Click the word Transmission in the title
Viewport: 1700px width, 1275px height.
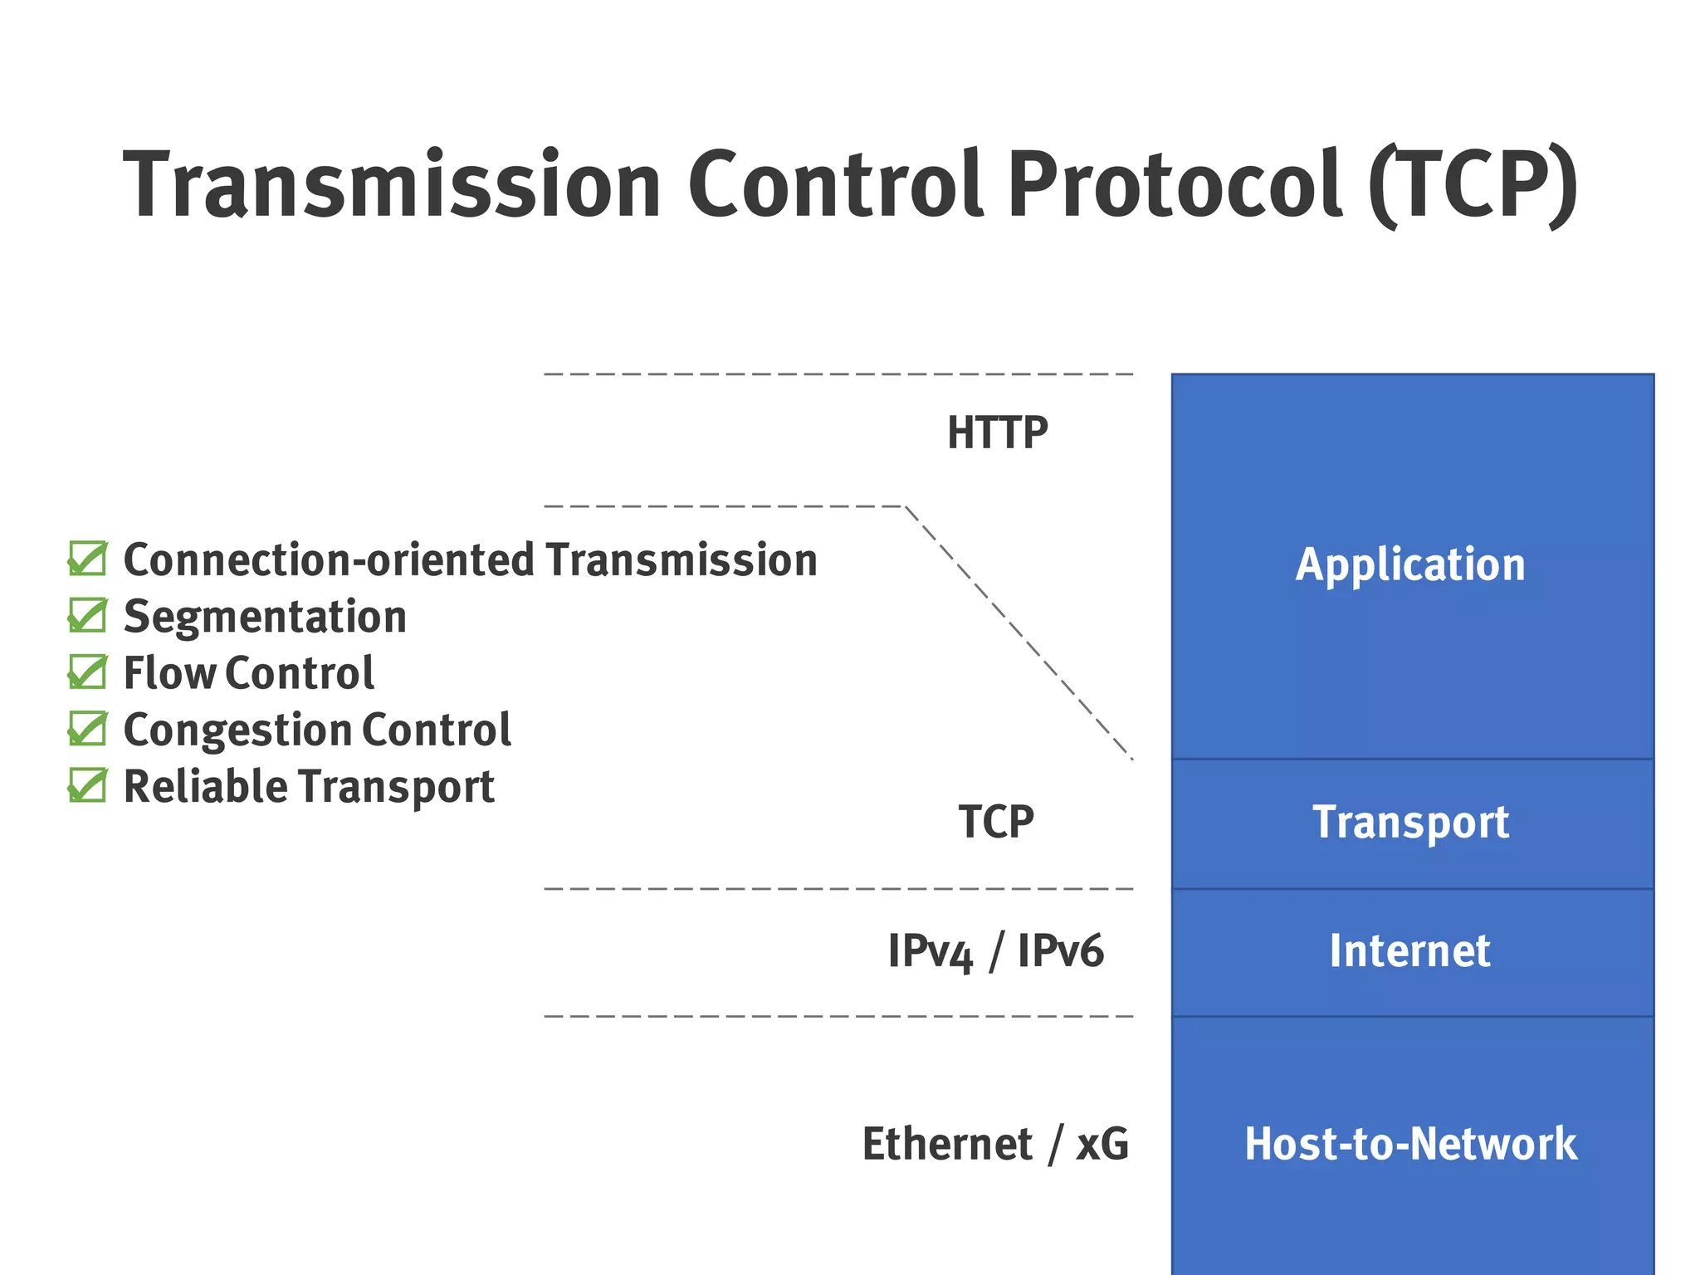392,184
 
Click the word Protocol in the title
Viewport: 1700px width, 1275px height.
1174,184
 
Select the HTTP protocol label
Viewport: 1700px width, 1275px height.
997,433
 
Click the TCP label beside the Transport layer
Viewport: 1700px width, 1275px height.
996,822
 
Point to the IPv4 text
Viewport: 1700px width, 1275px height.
930,951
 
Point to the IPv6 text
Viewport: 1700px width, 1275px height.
1060,951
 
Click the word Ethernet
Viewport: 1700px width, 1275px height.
947,1144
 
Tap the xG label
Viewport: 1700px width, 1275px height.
1102,1144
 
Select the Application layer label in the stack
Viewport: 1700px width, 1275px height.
1410,565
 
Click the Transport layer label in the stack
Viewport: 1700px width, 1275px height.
1410,823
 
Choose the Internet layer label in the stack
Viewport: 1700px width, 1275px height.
1409,951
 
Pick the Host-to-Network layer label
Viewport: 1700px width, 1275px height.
1410,1144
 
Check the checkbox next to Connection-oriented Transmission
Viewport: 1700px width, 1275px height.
87,559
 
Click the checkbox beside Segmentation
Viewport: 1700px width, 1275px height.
87,615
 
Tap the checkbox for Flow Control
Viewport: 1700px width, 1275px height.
87,672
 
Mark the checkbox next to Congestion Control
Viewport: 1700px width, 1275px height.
87,729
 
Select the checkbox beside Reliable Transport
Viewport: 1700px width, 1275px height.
87,785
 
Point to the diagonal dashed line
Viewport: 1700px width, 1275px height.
1019,633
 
